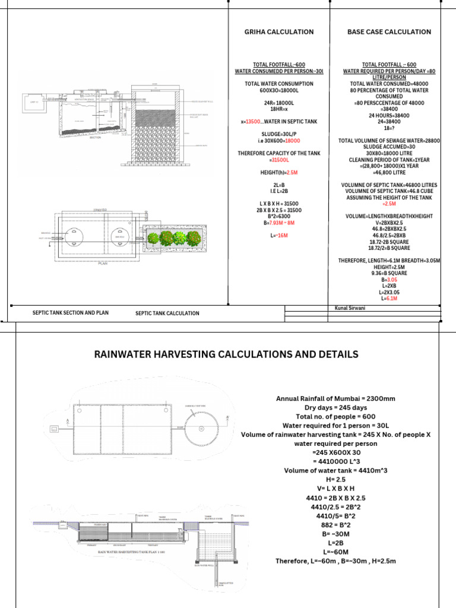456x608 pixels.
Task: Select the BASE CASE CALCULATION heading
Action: point(389,32)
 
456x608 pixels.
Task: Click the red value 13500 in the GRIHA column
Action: point(254,122)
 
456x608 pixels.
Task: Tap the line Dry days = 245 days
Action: point(335,408)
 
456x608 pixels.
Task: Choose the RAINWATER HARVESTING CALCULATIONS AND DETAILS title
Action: point(226,354)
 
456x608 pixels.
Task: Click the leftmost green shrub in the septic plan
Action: point(154,239)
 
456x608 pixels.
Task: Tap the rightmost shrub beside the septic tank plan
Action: point(194,239)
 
